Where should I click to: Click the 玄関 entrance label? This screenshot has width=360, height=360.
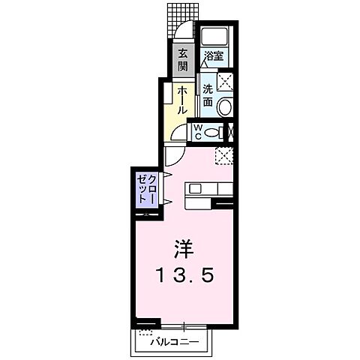point(183,61)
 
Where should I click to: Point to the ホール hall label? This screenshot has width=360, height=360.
point(182,99)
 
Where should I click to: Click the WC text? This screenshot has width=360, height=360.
point(197,131)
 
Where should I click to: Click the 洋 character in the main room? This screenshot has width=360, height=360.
point(184,248)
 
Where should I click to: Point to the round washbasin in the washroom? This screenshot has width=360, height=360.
point(225,107)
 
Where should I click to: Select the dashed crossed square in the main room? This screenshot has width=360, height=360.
point(223,154)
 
